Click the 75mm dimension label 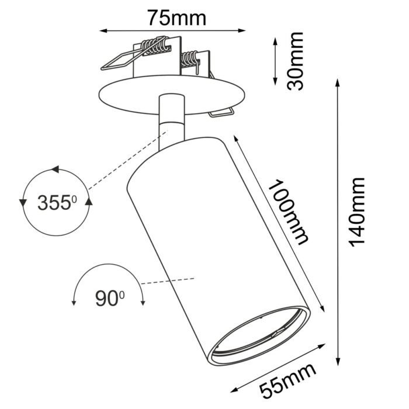click(x=176, y=18)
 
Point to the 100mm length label click(x=289, y=211)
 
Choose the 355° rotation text click(x=57, y=203)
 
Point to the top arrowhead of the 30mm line click(x=275, y=40)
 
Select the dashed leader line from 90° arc click(x=169, y=281)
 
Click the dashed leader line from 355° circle click(x=123, y=161)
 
